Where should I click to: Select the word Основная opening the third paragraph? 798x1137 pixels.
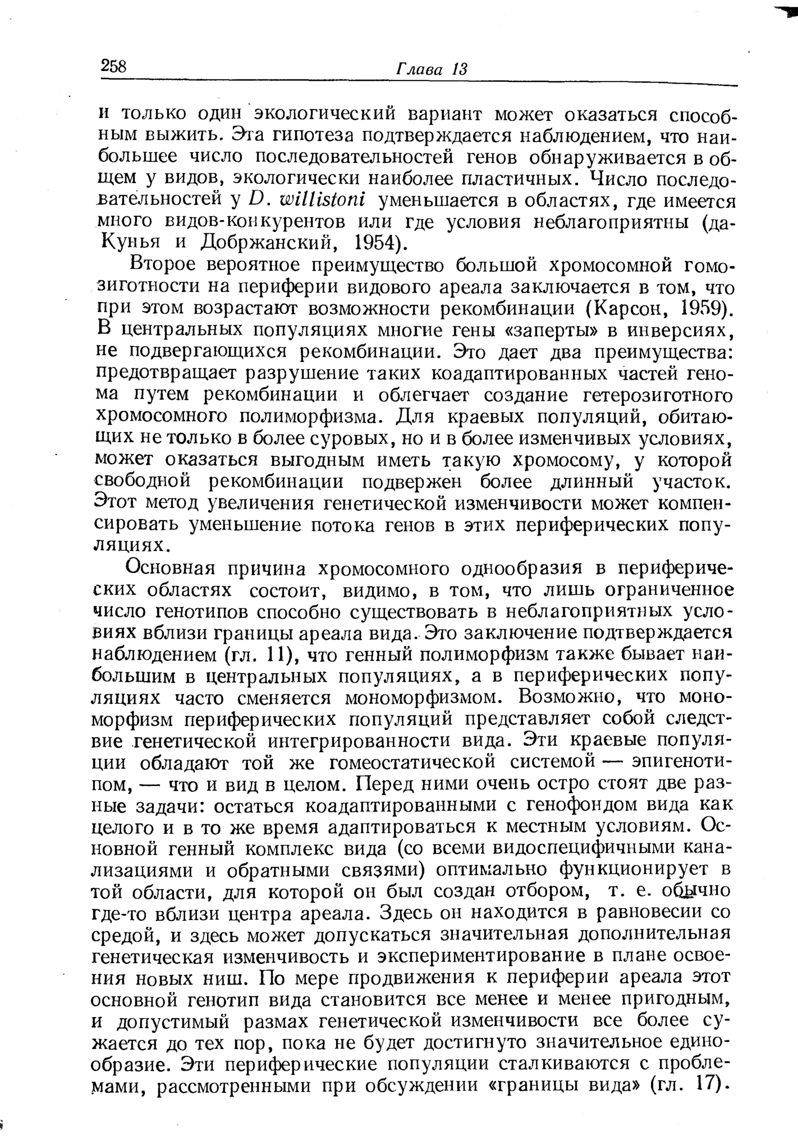169,568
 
